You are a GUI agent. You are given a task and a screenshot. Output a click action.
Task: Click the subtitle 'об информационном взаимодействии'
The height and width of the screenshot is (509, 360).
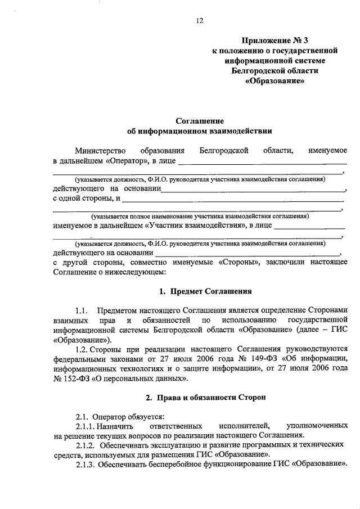(x=200, y=132)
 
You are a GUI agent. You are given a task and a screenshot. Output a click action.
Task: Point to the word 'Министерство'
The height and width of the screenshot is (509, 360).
(x=98, y=151)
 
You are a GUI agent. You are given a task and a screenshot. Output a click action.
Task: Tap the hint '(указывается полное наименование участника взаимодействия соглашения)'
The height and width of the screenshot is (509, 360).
(x=200, y=216)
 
